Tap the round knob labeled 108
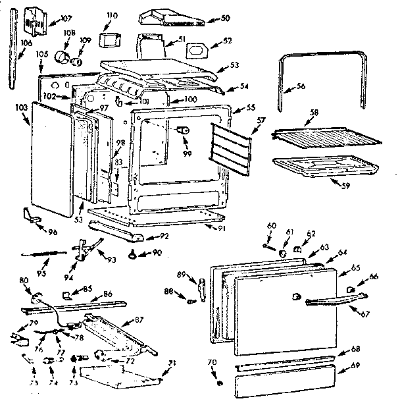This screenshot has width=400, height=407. pyautogui.click(x=64, y=57)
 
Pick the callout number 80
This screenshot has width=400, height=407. pyautogui.click(x=24, y=281)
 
